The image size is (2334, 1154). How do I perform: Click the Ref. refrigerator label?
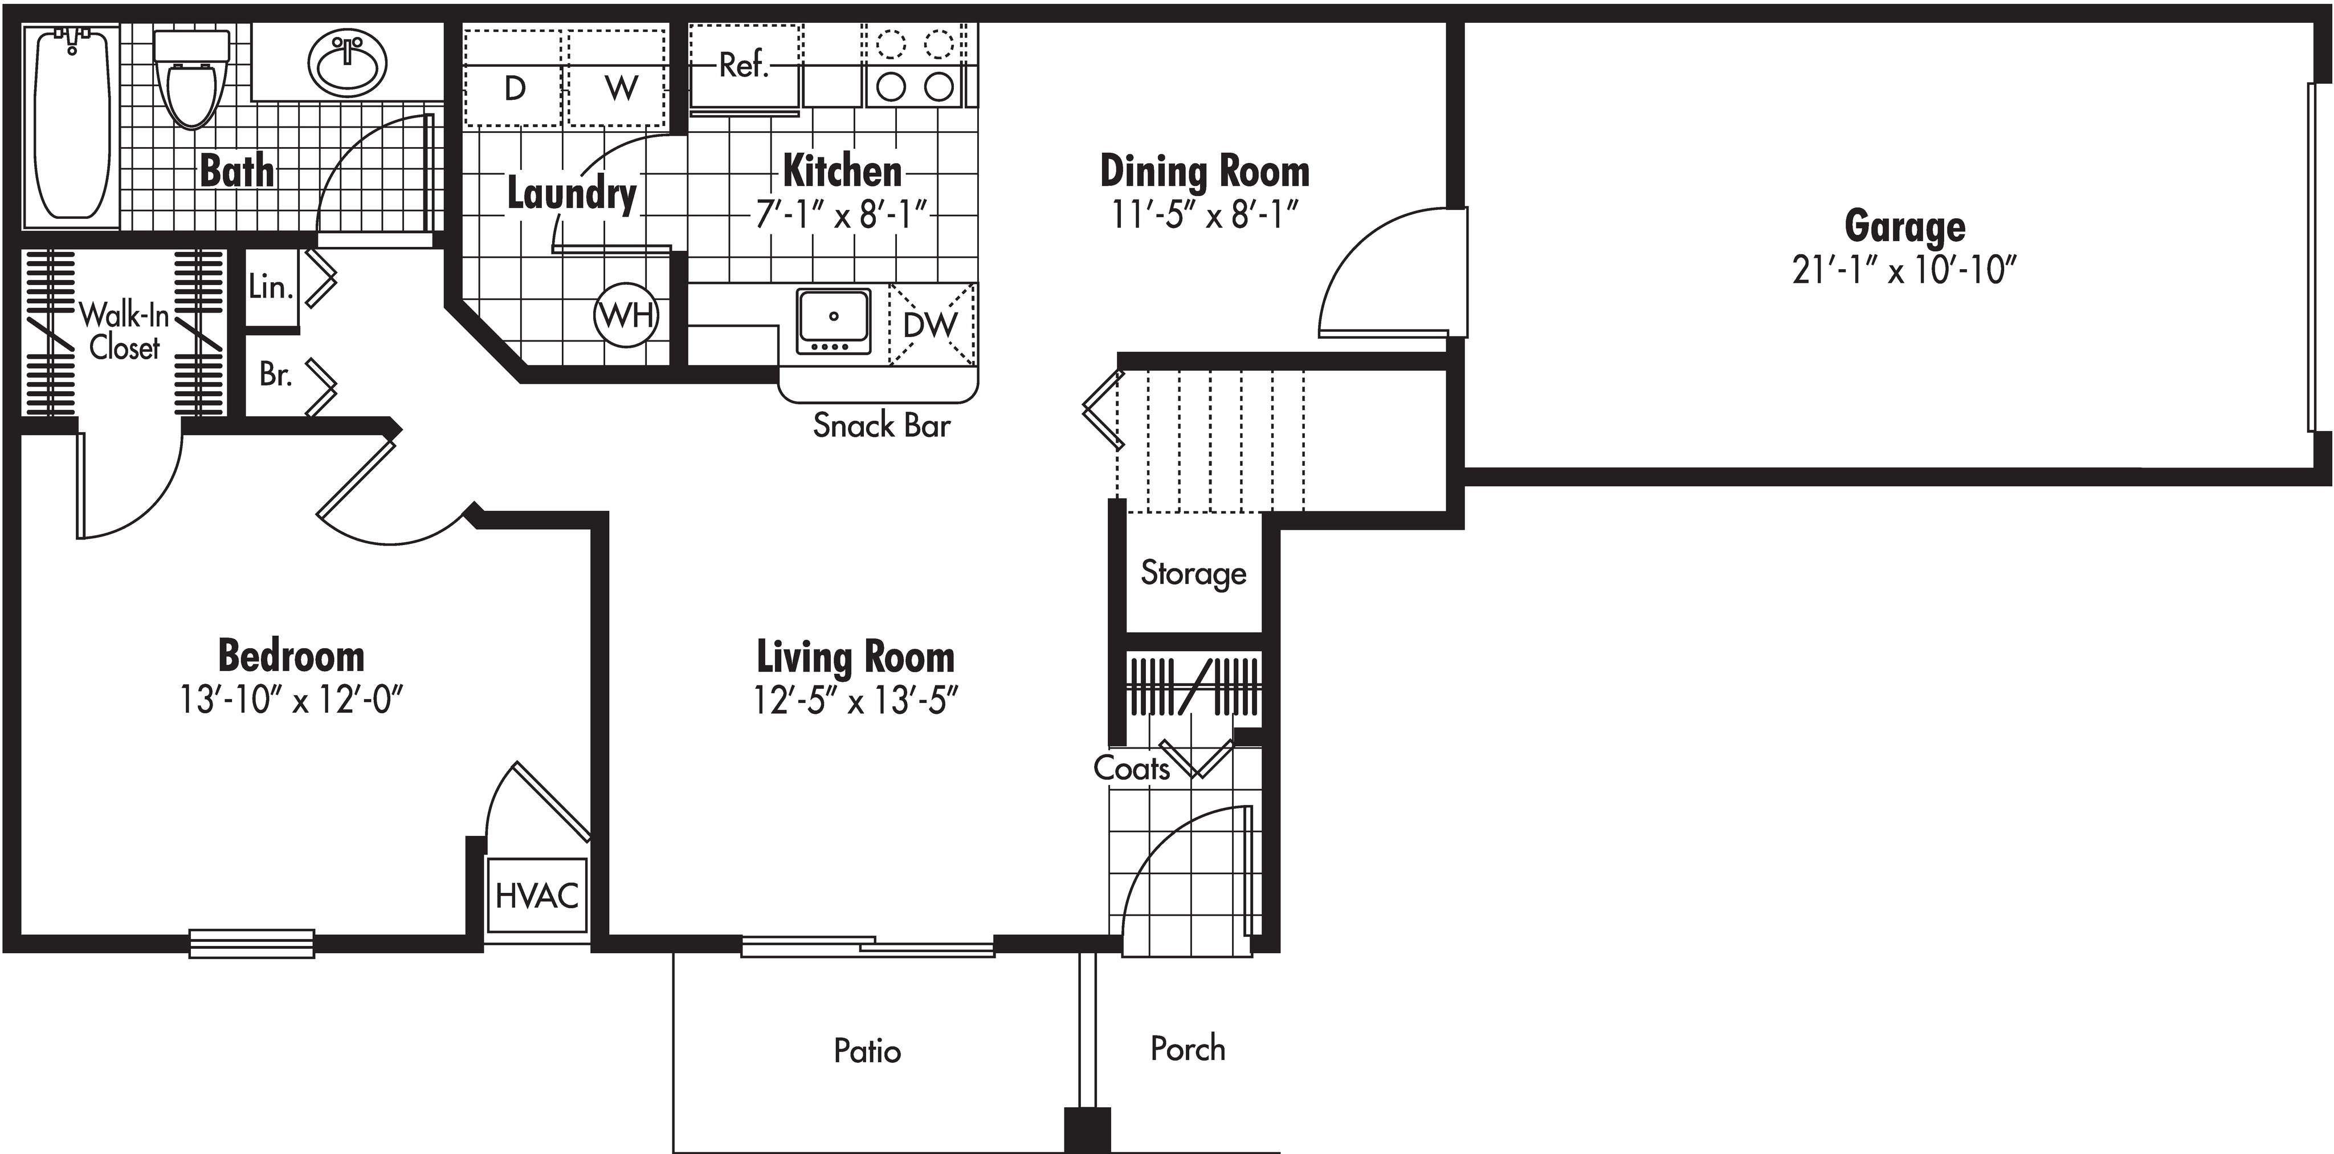pos(744,65)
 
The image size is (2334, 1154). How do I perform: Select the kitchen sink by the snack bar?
pos(834,320)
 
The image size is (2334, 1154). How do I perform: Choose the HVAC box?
pos(536,896)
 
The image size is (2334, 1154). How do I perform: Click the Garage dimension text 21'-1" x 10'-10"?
pos(1904,270)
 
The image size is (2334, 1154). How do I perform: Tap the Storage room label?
pos(1193,573)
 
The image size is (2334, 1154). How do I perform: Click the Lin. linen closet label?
pos(270,287)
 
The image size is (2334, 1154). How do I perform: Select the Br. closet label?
pos(275,373)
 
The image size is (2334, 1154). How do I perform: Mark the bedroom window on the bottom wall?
pos(252,944)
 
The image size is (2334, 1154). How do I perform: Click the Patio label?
pos(867,1051)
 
